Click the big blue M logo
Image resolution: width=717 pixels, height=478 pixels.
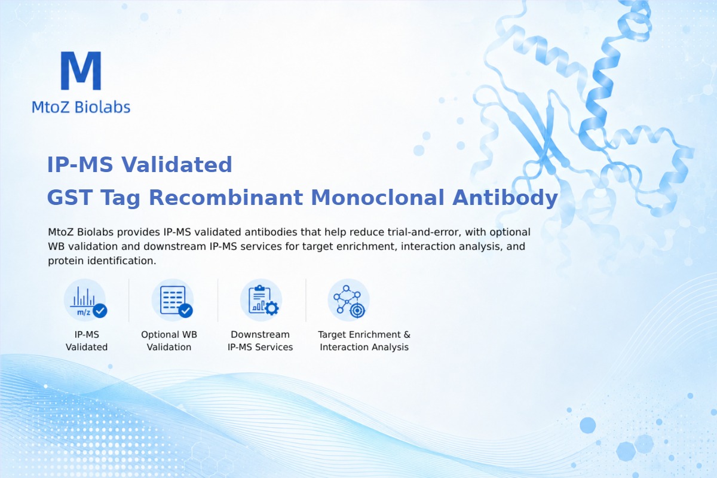point(81,71)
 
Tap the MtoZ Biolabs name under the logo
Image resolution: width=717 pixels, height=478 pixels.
point(81,107)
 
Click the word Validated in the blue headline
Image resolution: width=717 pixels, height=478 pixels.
point(177,164)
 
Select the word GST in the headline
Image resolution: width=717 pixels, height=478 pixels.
point(70,197)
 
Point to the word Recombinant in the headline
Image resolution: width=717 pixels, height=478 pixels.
point(226,197)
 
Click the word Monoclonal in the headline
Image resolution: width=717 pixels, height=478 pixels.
point(378,197)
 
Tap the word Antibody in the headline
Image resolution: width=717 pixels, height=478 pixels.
point(505,198)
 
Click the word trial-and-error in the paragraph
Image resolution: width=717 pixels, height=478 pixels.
point(424,232)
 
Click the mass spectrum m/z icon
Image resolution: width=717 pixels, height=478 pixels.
point(85,300)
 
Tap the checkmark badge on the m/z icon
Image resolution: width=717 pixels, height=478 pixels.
point(100,310)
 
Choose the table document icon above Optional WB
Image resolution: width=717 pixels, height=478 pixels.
point(173,300)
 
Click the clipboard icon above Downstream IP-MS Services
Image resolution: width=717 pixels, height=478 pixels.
point(261,300)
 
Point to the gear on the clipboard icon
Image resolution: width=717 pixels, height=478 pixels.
point(272,308)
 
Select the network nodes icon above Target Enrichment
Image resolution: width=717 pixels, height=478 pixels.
point(348,300)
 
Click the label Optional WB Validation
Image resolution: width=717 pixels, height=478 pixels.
point(169,341)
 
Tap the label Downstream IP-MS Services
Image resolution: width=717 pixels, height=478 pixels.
point(261,341)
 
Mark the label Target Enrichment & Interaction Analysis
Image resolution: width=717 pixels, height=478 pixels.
point(364,341)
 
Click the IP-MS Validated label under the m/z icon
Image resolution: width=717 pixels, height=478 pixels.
point(87,341)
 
